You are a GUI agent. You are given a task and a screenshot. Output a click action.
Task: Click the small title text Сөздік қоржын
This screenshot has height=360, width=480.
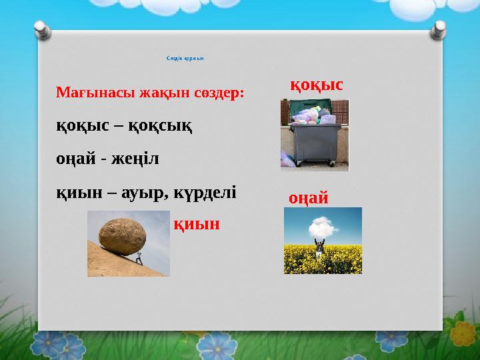point(185,58)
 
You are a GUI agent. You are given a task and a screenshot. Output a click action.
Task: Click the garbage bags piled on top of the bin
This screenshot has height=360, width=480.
point(310,116)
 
